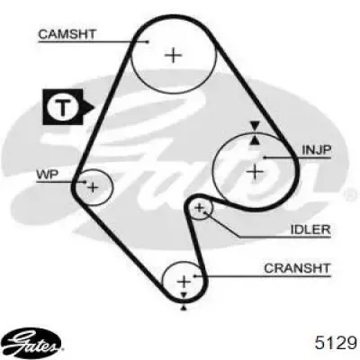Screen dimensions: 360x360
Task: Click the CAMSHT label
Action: point(67,34)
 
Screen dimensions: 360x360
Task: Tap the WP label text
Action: point(48,175)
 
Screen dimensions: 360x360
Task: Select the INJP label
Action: point(316,150)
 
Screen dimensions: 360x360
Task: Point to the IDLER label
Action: point(310,229)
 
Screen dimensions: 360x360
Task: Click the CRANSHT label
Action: point(297,268)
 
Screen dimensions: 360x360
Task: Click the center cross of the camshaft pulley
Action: point(174,55)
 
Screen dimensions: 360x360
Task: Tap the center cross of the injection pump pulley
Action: point(255,172)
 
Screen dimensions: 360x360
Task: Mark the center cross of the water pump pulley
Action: point(93,188)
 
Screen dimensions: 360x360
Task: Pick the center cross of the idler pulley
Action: point(200,208)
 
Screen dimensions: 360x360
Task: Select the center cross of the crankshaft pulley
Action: point(184,282)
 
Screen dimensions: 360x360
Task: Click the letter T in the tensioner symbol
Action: point(63,107)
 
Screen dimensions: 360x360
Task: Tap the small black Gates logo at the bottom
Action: point(32,343)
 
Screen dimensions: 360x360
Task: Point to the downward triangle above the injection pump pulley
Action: point(255,125)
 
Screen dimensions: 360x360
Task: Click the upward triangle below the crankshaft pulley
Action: point(184,307)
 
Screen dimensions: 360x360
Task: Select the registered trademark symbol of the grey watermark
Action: point(349,194)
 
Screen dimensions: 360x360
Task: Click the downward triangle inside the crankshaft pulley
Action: point(184,296)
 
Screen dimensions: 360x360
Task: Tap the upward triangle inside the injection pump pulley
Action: point(255,140)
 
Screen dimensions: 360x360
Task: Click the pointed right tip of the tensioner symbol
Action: point(94,107)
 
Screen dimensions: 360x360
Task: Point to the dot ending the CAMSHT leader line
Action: point(148,41)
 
